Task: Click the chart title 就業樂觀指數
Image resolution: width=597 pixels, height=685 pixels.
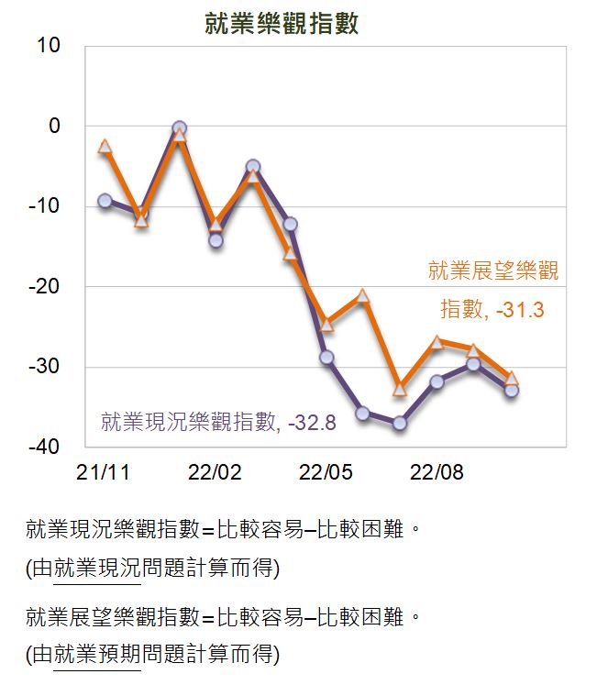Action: [x=282, y=24]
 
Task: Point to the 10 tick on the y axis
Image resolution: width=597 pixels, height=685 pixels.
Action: [x=49, y=46]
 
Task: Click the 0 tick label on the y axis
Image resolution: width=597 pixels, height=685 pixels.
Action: [x=55, y=126]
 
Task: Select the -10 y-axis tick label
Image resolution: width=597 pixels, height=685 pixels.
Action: [x=44, y=205]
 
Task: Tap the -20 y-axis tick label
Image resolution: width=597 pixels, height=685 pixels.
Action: [x=44, y=287]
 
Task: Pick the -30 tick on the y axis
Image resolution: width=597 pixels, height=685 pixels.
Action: [x=44, y=367]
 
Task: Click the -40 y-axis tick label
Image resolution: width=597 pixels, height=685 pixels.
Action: [x=44, y=447]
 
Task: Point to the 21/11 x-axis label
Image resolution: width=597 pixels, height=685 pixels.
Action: [x=103, y=472]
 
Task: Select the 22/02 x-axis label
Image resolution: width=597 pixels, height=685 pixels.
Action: [x=215, y=472]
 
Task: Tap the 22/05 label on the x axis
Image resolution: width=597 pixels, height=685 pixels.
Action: [x=326, y=472]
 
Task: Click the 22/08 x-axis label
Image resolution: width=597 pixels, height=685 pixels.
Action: [x=437, y=472]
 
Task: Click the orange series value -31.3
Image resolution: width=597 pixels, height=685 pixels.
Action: [x=520, y=310]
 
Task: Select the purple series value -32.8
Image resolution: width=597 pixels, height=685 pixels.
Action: [x=312, y=423]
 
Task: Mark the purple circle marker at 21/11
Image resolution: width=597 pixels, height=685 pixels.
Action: [x=105, y=201]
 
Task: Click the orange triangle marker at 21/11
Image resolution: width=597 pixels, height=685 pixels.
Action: [x=105, y=146]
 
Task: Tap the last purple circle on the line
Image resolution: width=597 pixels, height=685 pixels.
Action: [x=512, y=390]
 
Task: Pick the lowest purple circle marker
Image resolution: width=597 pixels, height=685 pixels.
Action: [x=400, y=423]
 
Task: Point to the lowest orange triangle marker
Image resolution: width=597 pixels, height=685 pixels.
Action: [x=400, y=389]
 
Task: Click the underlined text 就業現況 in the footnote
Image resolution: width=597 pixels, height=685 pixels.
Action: [x=97, y=568]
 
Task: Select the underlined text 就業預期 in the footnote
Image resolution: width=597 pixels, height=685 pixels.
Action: [x=97, y=654]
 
